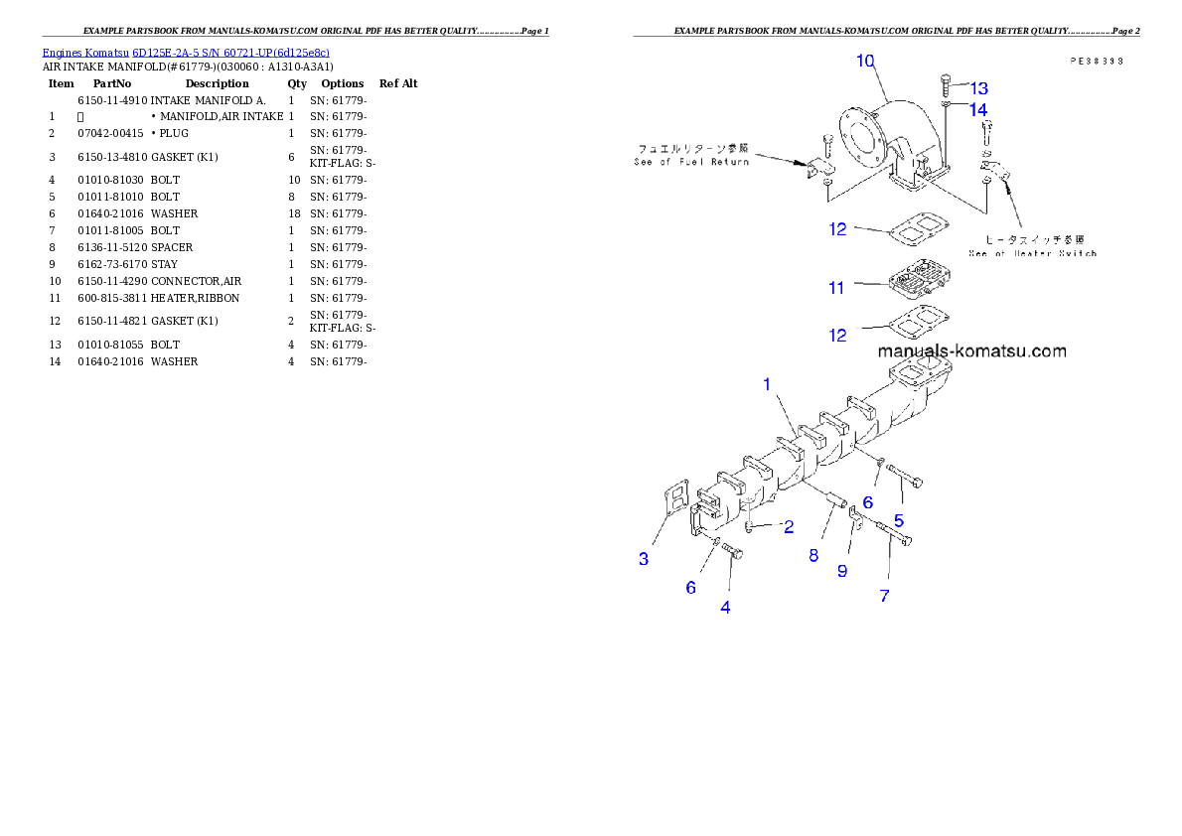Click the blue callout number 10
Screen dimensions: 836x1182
coord(865,61)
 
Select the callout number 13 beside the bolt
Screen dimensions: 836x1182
coord(978,87)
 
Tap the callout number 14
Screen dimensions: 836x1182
coord(978,110)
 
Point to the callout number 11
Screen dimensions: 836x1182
coord(836,288)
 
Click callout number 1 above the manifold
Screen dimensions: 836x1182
coord(767,384)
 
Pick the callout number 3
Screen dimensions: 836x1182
coord(644,559)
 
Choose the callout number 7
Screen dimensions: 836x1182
coord(884,596)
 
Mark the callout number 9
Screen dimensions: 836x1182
coord(842,571)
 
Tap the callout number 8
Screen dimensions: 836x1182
coord(813,555)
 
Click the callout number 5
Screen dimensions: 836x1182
coord(899,519)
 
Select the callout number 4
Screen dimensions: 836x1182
coord(726,608)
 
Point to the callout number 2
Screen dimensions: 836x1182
coord(789,527)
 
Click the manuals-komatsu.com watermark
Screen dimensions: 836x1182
coord(971,350)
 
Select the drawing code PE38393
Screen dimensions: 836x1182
coord(1096,61)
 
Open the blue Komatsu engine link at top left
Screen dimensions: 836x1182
coord(186,52)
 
